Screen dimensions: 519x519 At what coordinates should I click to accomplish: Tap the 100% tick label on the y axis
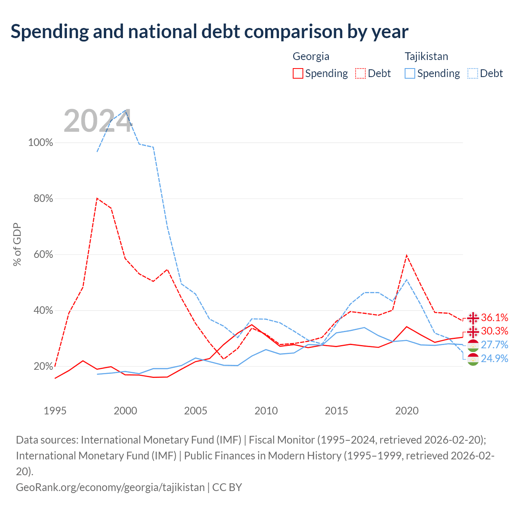click(x=41, y=142)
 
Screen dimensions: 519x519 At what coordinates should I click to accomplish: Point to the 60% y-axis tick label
click(x=43, y=254)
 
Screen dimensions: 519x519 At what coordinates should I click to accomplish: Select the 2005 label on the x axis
click(x=195, y=411)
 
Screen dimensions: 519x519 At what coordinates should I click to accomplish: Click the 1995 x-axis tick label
click(x=55, y=411)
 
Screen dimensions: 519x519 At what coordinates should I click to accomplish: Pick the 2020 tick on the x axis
click(x=407, y=411)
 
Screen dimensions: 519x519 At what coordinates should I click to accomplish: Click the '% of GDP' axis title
click(x=17, y=244)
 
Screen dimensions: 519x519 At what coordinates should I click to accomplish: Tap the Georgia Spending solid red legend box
click(x=298, y=73)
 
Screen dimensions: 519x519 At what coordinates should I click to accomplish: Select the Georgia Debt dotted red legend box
click(x=360, y=73)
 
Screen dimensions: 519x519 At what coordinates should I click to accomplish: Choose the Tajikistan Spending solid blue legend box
click(x=410, y=73)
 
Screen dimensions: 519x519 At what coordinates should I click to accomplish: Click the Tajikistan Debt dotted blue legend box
click(x=473, y=73)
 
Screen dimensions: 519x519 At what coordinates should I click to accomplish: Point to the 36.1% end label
click(x=495, y=317)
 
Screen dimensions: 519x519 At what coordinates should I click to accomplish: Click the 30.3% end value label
click(x=495, y=331)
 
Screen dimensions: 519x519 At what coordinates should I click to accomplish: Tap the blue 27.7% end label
click(x=495, y=345)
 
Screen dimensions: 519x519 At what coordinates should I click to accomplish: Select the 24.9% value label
click(x=495, y=358)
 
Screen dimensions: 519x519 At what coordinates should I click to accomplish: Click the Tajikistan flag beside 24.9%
click(x=473, y=359)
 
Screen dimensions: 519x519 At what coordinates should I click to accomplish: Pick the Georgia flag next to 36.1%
click(x=473, y=318)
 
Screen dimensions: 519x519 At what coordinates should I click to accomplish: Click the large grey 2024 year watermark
click(x=98, y=121)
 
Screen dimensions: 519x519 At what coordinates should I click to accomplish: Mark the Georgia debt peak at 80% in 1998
click(x=97, y=199)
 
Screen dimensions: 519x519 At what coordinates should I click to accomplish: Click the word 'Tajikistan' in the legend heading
click(x=426, y=57)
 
